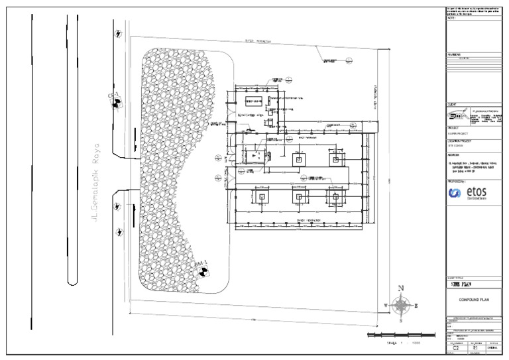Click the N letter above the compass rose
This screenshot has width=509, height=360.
click(401, 288)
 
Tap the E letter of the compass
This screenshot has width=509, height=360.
click(416, 306)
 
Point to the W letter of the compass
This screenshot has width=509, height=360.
click(386, 305)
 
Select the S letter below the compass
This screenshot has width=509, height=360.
click(401, 321)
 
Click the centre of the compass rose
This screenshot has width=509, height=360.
click(401, 306)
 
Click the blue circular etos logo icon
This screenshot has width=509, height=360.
click(455, 193)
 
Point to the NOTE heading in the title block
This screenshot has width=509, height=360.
click(452, 18)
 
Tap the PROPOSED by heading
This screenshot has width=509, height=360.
click(457, 180)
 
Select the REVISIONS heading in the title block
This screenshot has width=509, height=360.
click(455, 56)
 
